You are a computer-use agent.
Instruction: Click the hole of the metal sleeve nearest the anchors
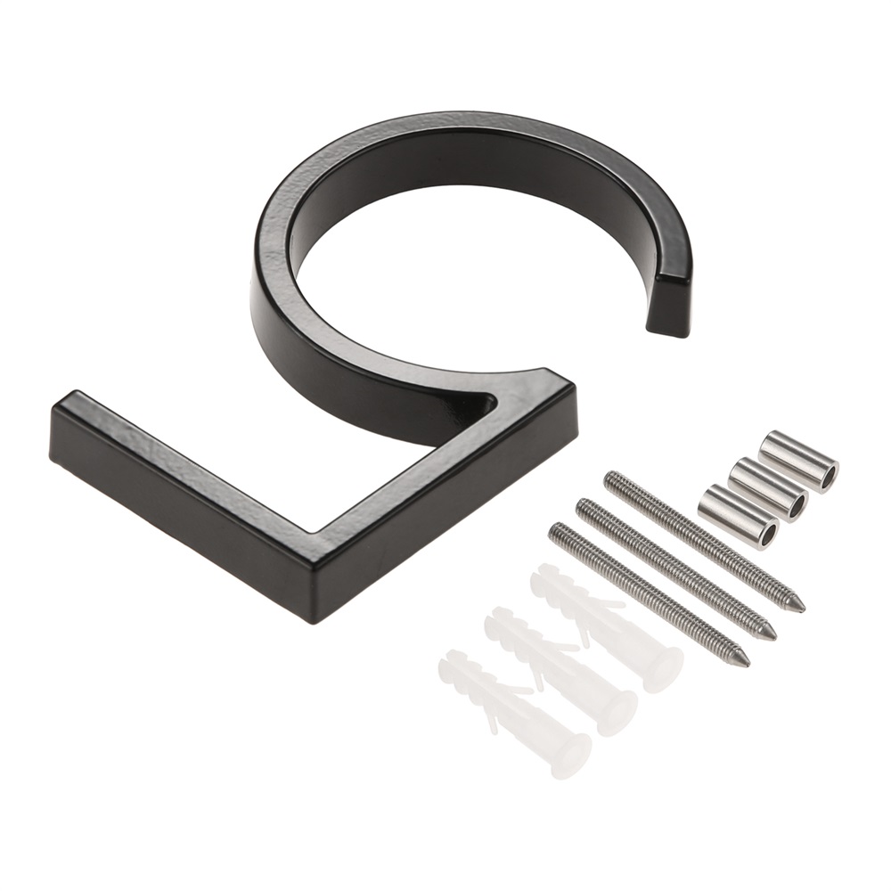point(768,534)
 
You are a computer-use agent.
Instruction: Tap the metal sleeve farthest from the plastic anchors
point(798,462)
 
